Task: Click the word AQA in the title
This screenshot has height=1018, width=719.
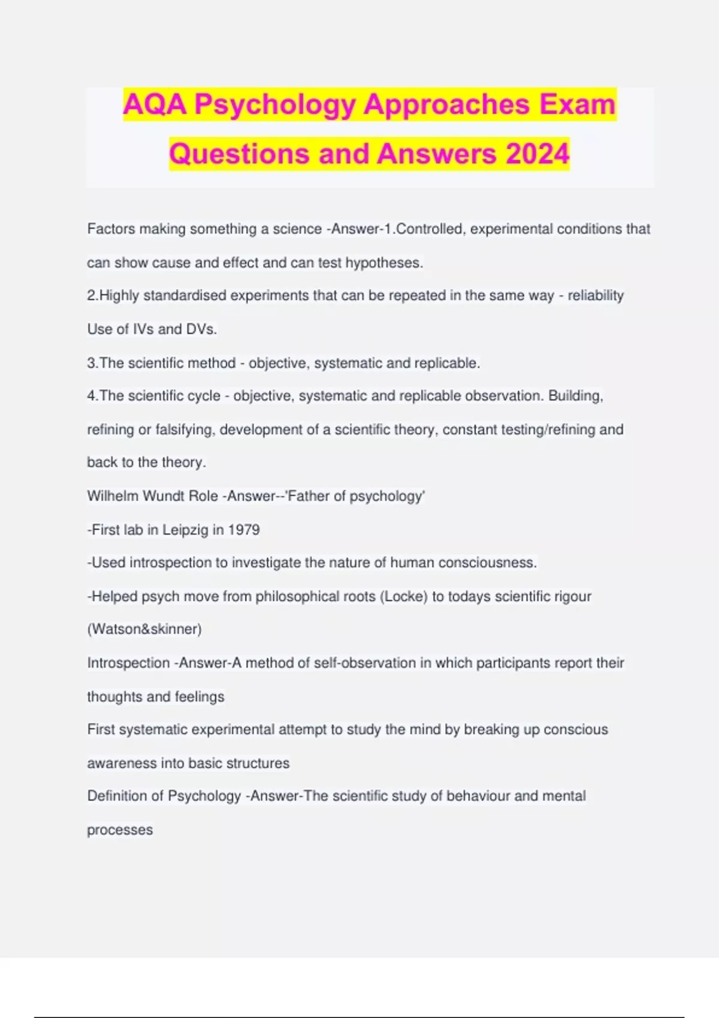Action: click(x=155, y=105)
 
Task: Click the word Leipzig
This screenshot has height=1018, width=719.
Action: click(x=185, y=530)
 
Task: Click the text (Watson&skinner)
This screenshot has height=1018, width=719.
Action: click(x=144, y=629)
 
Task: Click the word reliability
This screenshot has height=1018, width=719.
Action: click(x=596, y=296)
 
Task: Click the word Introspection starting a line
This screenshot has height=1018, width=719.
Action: click(x=128, y=663)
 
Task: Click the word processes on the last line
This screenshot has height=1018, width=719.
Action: click(x=120, y=831)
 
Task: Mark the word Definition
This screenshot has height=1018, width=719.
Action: click(x=125, y=796)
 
